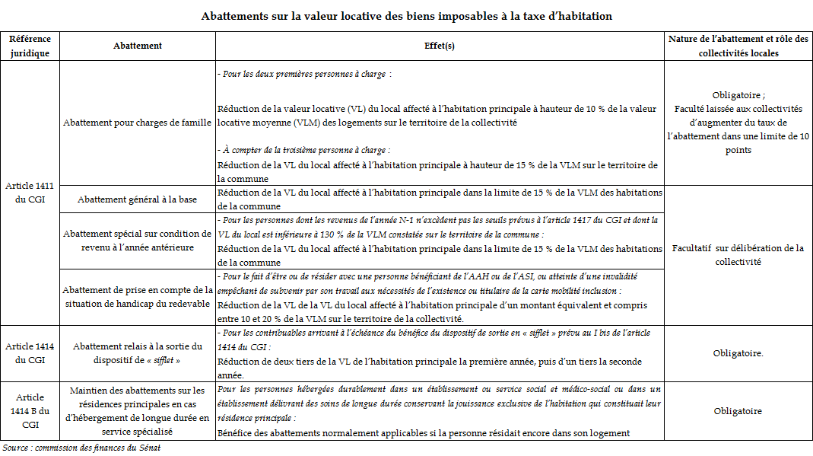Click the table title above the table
(406, 16)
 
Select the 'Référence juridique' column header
(30, 46)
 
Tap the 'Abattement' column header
(138, 46)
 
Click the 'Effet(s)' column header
(439, 46)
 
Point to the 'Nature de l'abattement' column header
(738, 46)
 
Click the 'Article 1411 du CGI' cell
(30, 193)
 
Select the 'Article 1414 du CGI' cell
(30, 352)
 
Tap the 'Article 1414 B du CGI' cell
(30, 411)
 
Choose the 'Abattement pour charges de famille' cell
(138, 123)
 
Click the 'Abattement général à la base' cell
(138, 199)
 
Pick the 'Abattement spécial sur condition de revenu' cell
(138, 241)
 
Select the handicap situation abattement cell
(138, 296)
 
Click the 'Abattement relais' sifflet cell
(138, 352)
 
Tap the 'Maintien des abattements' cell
(138, 411)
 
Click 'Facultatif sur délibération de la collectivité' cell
(738, 255)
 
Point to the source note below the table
(81, 448)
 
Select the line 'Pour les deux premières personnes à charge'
(304, 75)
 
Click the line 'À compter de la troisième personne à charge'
(303, 151)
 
